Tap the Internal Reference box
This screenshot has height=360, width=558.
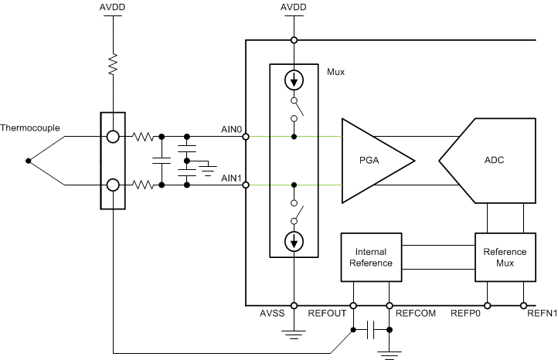(371, 257)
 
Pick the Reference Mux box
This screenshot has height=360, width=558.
(505, 257)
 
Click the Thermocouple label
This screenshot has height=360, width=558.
(30, 127)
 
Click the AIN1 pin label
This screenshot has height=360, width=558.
(232, 178)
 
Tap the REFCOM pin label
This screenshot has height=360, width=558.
(414, 314)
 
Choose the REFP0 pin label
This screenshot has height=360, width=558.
(466, 314)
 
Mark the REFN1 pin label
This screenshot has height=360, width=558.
(541, 314)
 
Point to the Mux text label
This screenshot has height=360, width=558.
(335, 72)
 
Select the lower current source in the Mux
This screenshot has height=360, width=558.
(294, 243)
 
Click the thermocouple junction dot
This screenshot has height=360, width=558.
(29, 161)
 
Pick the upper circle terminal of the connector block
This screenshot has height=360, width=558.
(113, 138)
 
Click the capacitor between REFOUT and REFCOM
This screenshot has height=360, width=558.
(372, 330)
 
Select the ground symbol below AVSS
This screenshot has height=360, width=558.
(294, 335)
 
